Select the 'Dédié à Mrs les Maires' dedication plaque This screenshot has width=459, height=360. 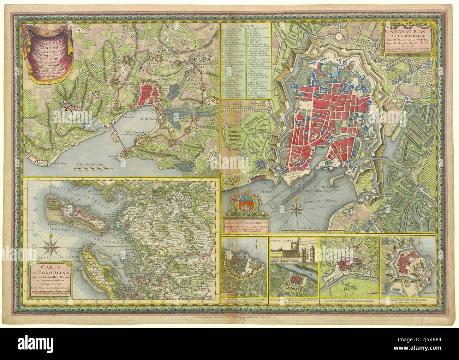pos(246,225)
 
